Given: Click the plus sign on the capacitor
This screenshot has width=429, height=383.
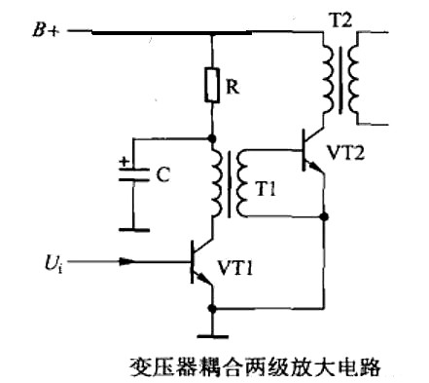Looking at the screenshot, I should [x=122, y=163].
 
